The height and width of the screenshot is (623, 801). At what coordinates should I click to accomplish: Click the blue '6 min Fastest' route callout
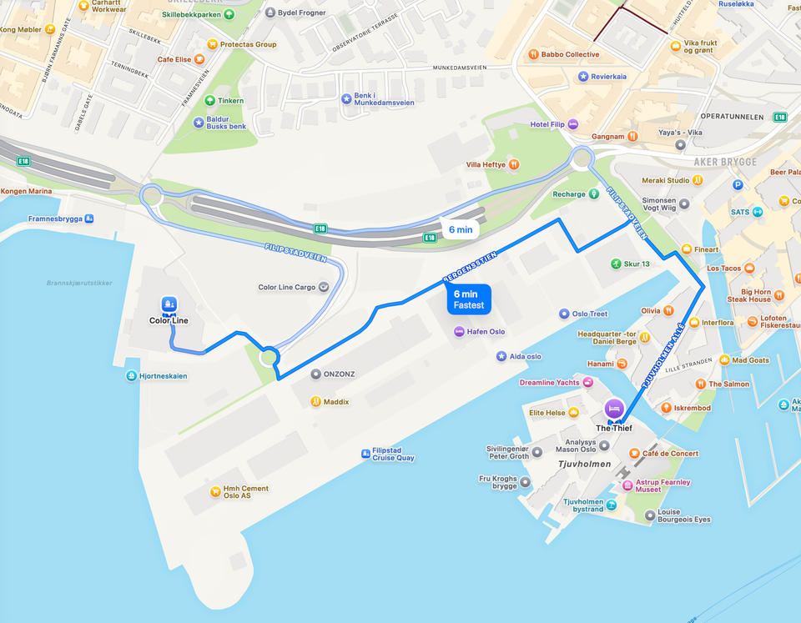[x=468, y=299]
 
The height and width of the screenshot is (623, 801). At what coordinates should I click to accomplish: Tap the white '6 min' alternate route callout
[x=460, y=229]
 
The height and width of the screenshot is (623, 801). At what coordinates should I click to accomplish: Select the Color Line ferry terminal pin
[x=169, y=305]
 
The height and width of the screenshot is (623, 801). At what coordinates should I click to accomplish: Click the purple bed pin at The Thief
[x=613, y=409]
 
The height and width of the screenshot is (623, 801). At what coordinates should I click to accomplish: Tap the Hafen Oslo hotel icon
[x=459, y=331]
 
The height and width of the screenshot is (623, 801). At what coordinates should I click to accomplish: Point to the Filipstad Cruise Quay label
[x=393, y=454]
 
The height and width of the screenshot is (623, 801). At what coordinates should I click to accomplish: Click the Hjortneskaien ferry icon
[x=132, y=376]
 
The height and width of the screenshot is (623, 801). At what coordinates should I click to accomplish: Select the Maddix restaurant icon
[x=315, y=402]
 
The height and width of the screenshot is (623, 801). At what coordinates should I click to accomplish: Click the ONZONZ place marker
[x=315, y=374]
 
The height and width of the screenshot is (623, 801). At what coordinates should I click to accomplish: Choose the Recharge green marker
[x=594, y=194]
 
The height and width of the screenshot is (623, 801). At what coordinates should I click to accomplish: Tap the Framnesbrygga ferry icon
[x=89, y=219]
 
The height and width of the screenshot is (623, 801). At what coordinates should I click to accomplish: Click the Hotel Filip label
[x=547, y=124]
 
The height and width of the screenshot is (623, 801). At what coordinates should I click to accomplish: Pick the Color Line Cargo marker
[x=324, y=287]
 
